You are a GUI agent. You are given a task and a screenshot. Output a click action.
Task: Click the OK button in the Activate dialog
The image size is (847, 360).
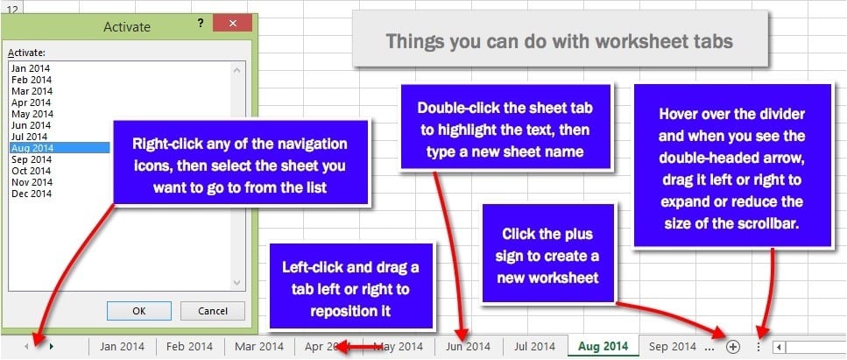(139, 311)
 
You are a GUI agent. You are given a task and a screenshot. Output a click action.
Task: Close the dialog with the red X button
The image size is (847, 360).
(232, 24)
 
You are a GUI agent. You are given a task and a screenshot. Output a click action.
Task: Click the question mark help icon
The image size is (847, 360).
(201, 24)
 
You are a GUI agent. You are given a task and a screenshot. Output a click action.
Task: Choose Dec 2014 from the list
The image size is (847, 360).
(32, 194)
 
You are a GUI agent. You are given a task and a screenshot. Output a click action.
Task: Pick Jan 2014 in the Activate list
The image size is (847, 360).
(31, 68)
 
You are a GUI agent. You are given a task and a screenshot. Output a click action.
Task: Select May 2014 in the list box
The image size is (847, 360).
(32, 114)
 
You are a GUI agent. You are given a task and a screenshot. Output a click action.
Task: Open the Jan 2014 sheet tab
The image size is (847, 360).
(123, 347)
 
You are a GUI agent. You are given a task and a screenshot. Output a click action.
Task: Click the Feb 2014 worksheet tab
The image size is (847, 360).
(189, 347)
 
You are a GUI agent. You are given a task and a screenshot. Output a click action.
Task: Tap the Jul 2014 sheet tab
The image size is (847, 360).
(535, 347)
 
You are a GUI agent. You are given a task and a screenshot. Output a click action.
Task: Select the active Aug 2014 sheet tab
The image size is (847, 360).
(603, 347)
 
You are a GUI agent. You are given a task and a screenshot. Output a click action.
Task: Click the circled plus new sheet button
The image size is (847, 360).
(733, 347)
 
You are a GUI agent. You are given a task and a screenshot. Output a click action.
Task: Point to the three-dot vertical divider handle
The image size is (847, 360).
(759, 347)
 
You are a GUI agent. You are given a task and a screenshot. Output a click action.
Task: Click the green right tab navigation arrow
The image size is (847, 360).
(52, 347)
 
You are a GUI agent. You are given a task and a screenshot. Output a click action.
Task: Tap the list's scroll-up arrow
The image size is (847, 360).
(236, 70)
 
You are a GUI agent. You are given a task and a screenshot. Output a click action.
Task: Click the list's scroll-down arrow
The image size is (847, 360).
(236, 283)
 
